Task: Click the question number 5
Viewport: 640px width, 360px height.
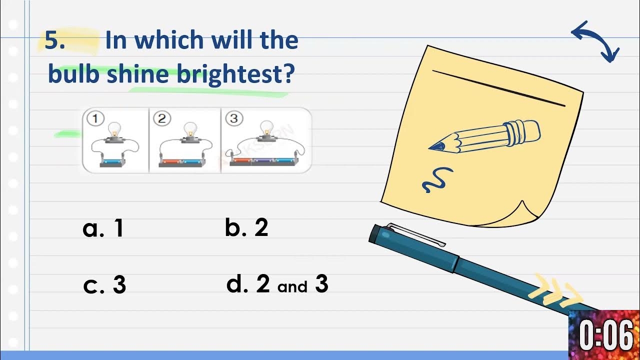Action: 54,40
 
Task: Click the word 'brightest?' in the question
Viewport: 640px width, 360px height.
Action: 235,74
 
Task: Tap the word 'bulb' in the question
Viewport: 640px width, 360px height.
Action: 73,74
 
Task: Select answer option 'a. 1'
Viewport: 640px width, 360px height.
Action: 103,228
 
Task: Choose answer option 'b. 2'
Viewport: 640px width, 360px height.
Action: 246,227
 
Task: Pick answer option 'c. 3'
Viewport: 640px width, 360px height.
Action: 104,285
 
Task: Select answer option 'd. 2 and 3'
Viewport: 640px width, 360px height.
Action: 277,284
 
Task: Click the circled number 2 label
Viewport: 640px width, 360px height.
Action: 161,118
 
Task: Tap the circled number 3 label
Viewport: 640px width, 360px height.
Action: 233,118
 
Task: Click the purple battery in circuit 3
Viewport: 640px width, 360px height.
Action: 261,161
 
